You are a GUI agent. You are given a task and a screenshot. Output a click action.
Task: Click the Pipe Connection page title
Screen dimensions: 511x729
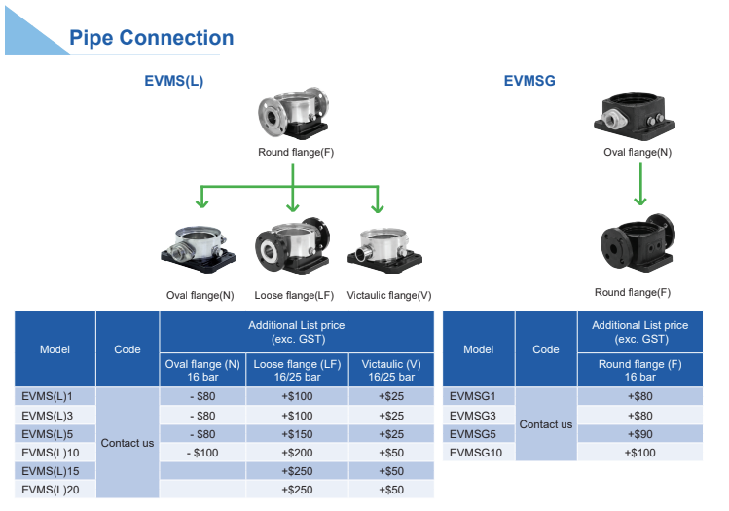tap(151, 38)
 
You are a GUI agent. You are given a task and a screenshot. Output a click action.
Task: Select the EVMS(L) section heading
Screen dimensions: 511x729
tap(174, 81)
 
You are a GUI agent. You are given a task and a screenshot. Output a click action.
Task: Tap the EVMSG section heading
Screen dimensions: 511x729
tap(529, 81)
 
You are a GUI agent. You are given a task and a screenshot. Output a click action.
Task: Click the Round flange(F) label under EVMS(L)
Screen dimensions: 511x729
tap(296, 153)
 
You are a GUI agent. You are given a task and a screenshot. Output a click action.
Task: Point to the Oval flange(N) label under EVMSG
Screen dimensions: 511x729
tap(638, 153)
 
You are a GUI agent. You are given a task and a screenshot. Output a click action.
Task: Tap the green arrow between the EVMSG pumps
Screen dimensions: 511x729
tap(639, 184)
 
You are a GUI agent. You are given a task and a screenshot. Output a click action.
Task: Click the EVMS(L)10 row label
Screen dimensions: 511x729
tap(50, 453)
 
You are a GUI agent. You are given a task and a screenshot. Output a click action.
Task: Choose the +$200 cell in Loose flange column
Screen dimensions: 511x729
tap(297, 453)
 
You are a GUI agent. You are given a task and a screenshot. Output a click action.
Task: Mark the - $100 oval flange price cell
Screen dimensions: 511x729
tap(203, 453)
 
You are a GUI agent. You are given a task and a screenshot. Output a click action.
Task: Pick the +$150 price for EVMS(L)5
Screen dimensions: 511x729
tap(297, 434)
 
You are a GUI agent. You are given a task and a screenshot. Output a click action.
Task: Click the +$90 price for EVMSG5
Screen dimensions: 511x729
tap(639, 434)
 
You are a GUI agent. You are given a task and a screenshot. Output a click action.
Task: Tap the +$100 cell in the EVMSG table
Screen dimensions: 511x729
tap(639, 453)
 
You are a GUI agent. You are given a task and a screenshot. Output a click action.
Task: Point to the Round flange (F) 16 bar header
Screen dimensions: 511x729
tap(639, 370)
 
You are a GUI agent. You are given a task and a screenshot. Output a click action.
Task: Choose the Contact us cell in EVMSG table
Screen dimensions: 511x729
tap(545, 424)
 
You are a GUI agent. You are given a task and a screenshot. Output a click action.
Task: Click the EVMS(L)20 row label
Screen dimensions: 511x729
tap(50, 490)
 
